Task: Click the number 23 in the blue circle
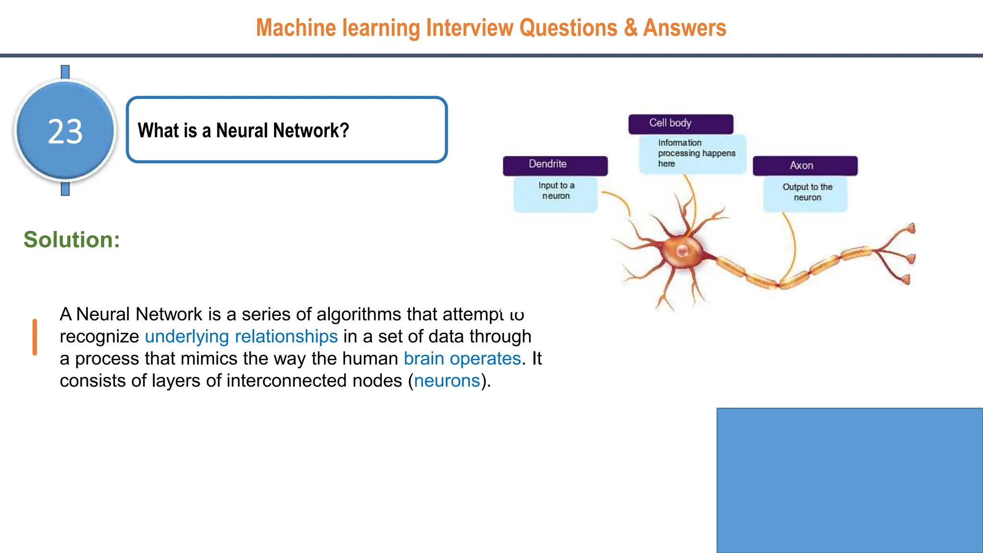click(65, 132)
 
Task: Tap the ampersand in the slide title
click(630, 28)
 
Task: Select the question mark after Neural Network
click(344, 131)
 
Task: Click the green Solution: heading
click(72, 240)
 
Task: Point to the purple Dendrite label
click(555, 165)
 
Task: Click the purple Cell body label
click(680, 124)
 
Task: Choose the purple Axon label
click(804, 166)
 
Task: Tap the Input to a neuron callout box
click(555, 193)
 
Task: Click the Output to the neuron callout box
click(805, 193)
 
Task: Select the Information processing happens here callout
click(693, 154)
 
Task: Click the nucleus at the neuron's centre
click(682, 251)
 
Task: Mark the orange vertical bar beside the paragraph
click(35, 337)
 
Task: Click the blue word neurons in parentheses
click(447, 381)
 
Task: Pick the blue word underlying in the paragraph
click(187, 337)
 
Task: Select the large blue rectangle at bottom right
click(850, 480)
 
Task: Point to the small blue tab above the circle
click(65, 72)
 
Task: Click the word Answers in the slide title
click(684, 28)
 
